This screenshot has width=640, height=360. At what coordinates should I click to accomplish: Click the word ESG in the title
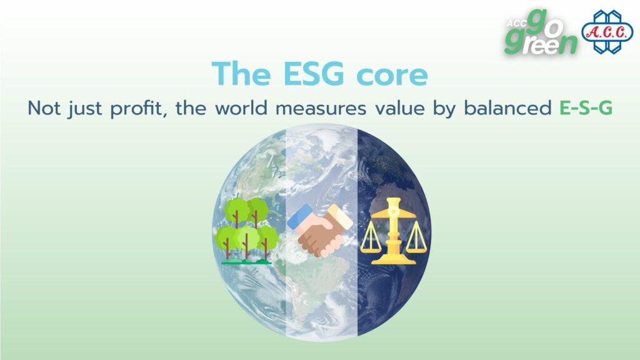314,74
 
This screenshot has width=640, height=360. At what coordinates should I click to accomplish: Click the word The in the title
241,74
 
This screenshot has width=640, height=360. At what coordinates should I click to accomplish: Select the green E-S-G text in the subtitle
586,108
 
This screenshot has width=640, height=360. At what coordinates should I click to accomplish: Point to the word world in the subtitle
241,108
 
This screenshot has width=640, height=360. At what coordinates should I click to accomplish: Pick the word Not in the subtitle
44,108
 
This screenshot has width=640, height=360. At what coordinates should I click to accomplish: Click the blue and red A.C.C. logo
607,32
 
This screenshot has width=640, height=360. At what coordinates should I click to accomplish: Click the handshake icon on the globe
319,230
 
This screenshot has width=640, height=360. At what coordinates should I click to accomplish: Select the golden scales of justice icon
394,231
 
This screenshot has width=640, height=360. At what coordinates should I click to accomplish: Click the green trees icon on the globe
246,231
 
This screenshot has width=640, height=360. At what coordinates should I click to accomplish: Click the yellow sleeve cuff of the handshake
340,217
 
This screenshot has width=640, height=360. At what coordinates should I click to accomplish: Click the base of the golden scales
394,259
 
